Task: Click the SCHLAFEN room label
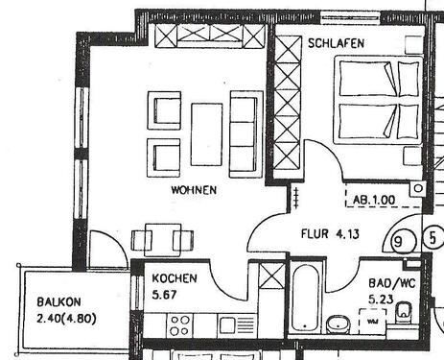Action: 336,44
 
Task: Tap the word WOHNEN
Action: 194,190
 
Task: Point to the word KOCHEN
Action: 175,278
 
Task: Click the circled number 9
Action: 399,243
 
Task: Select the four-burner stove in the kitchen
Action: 179,325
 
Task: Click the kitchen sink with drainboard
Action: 236,324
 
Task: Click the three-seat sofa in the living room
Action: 244,133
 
